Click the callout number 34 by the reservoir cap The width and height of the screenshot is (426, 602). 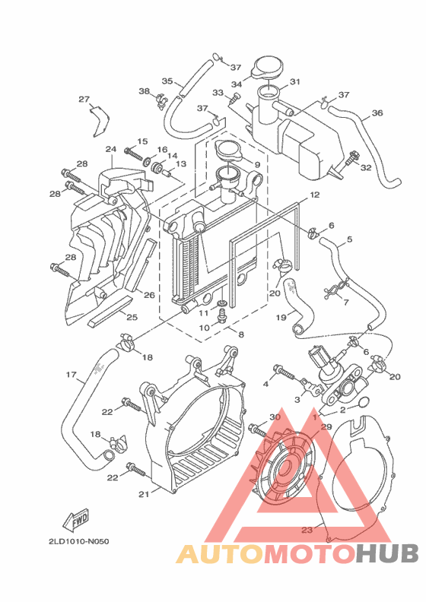pyautogui.click(x=237, y=84)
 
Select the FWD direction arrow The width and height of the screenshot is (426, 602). pyautogui.click(x=75, y=521)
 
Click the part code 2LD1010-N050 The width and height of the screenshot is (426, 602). pyautogui.click(x=78, y=542)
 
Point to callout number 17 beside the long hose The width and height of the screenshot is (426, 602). pyautogui.click(x=72, y=374)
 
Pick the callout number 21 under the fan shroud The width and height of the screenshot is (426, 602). pyautogui.click(x=143, y=494)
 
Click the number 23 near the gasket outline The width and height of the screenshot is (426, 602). pyautogui.click(x=307, y=530)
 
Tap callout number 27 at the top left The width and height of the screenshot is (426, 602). pyautogui.click(x=84, y=99)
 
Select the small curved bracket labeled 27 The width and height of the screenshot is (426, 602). pyautogui.click(x=98, y=121)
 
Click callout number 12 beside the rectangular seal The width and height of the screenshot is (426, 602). pyautogui.click(x=313, y=195)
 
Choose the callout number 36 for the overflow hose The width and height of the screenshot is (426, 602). pyautogui.click(x=377, y=115)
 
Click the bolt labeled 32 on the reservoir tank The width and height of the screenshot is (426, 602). pyautogui.click(x=353, y=159)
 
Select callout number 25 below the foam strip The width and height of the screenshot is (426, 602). pyautogui.click(x=132, y=317)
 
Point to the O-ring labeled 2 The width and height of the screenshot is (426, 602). pyautogui.click(x=363, y=402)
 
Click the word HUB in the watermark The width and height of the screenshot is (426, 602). pyautogui.click(x=385, y=553)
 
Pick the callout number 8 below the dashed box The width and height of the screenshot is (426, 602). pyautogui.click(x=240, y=334)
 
